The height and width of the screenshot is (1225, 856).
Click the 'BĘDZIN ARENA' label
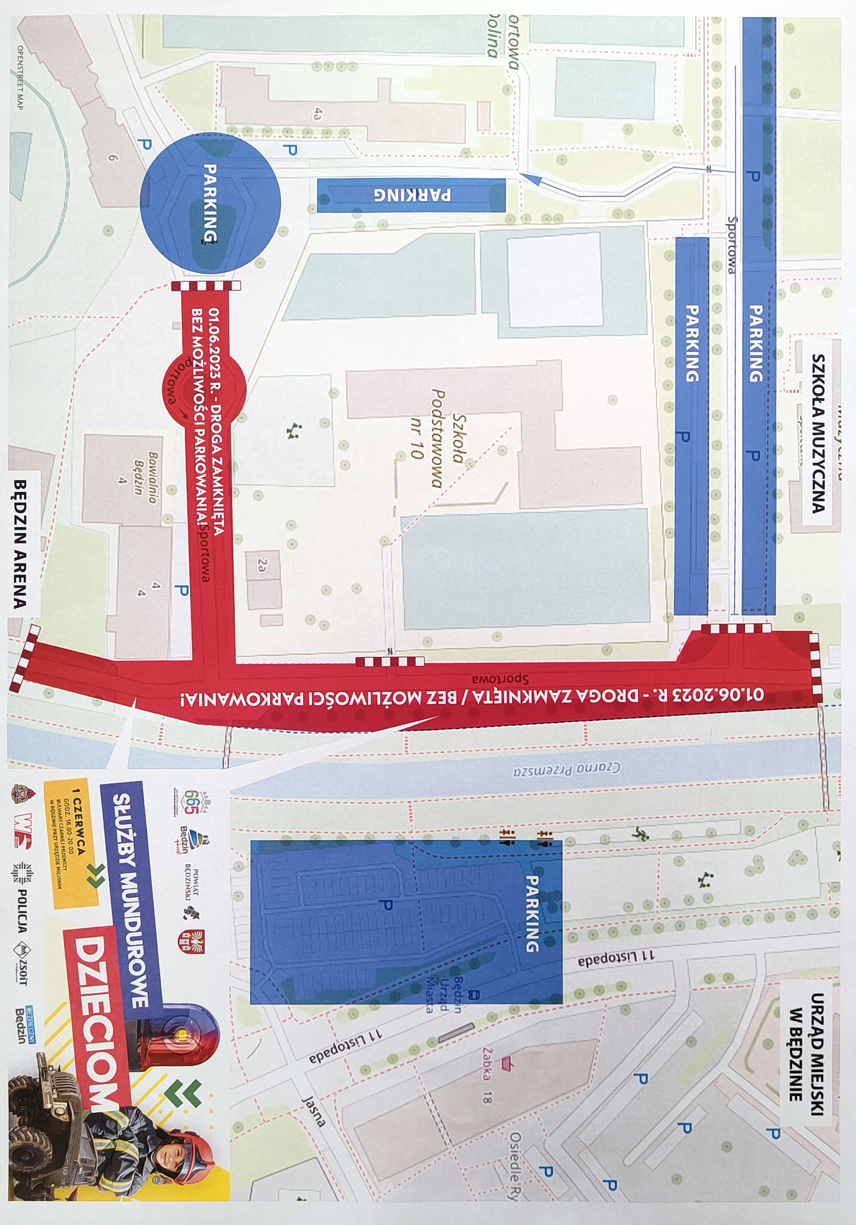(20, 545)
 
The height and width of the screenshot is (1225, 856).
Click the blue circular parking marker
(210, 203)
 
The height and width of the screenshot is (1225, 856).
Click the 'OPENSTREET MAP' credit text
(20, 77)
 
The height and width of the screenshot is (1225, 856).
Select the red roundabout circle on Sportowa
(204, 390)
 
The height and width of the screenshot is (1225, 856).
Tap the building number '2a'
(262, 566)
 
